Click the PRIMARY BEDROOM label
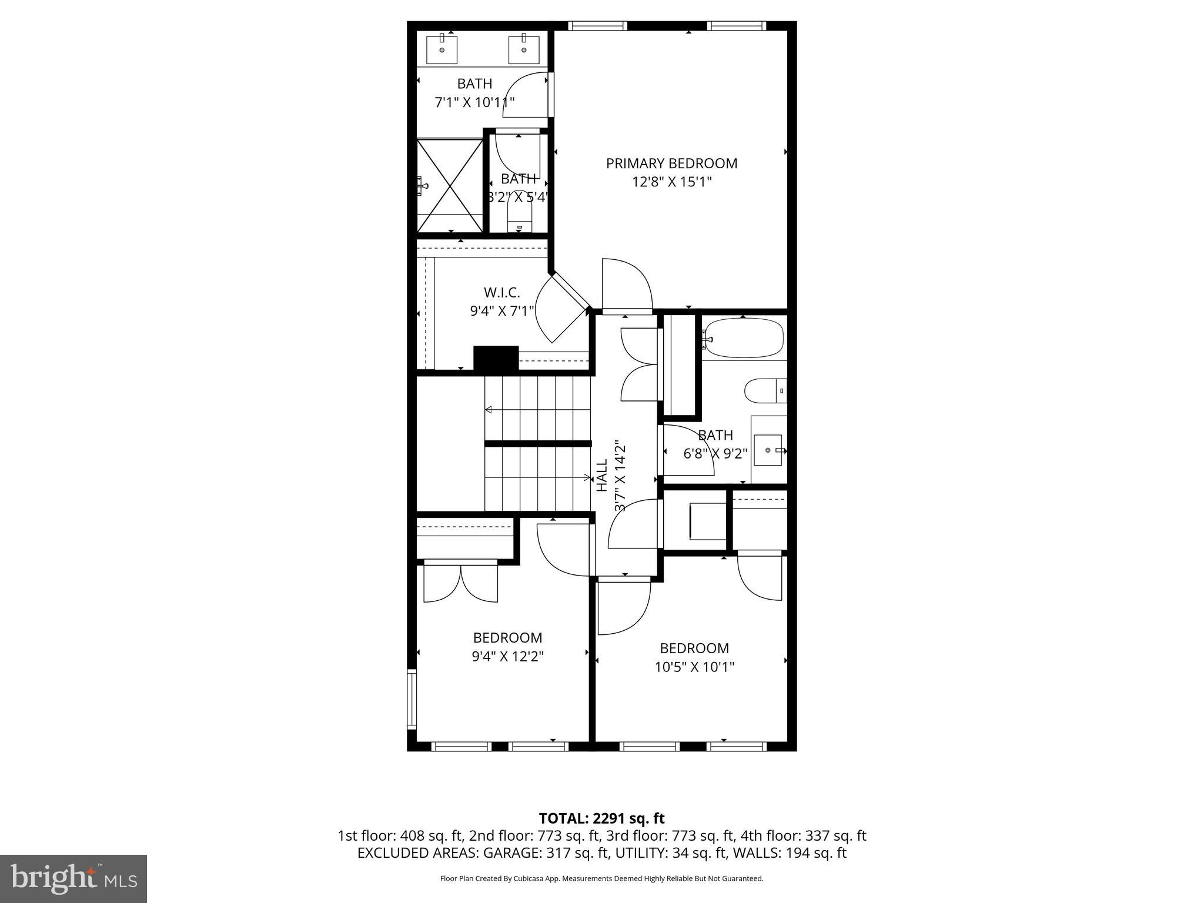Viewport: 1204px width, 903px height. pyautogui.click(x=671, y=163)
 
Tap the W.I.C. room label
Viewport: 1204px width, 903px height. pyautogui.click(x=501, y=292)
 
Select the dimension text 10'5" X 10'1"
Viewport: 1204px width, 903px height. pyautogui.click(x=694, y=667)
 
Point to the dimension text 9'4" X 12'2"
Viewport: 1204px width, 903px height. pyautogui.click(x=507, y=656)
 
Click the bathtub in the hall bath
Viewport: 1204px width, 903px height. pyautogui.click(x=744, y=338)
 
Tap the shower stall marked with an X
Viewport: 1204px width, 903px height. pyautogui.click(x=450, y=185)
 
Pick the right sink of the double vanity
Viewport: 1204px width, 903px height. pyautogui.click(x=523, y=50)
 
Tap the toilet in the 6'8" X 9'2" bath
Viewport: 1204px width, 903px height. pyautogui.click(x=765, y=390)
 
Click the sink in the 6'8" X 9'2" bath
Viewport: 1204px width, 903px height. pyautogui.click(x=768, y=450)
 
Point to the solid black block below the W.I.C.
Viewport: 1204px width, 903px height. pyautogui.click(x=496, y=358)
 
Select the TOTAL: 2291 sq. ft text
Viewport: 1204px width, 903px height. pyautogui.click(x=601, y=818)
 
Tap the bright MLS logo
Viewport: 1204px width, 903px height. pyautogui.click(x=73, y=878)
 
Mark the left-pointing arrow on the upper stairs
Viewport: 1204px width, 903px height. pyautogui.click(x=489, y=410)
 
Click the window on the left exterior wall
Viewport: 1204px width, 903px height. pyautogui.click(x=412, y=699)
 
